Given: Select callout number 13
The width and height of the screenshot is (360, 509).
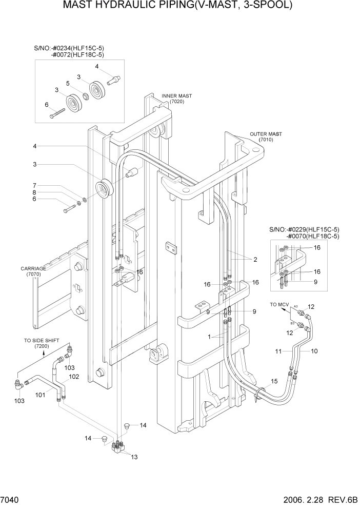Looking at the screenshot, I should tap(134, 456).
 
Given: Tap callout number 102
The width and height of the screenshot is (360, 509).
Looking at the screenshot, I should tap(74, 377).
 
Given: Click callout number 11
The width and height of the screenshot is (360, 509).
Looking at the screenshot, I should tap(278, 351).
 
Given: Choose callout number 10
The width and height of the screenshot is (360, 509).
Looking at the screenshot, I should tap(314, 351).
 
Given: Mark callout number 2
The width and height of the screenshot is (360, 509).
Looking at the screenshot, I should tap(254, 260).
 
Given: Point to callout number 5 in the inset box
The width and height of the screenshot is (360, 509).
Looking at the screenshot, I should tap(67, 83).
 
